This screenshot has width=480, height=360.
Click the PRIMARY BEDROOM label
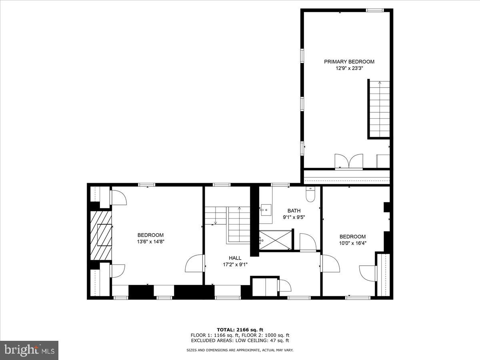click(x=349, y=62)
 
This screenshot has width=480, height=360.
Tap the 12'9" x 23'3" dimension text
click(x=349, y=68)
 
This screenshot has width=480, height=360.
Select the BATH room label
click(x=294, y=211)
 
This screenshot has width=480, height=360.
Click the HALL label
click(x=235, y=258)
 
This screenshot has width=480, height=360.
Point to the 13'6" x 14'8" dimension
click(x=150, y=242)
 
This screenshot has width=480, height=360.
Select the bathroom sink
click(x=266, y=210)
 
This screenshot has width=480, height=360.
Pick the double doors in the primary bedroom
click(x=349, y=161)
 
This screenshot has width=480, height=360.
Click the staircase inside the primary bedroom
click(x=379, y=109)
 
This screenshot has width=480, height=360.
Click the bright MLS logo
click(x=29, y=350)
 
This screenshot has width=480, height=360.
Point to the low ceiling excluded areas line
click(x=240, y=341)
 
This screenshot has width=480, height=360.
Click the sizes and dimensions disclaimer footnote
click(x=240, y=350)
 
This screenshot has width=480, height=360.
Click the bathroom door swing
click(x=308, y=242)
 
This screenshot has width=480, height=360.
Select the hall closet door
click(x=284, y=286)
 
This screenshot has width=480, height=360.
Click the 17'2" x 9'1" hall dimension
click(x=235, y=264)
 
